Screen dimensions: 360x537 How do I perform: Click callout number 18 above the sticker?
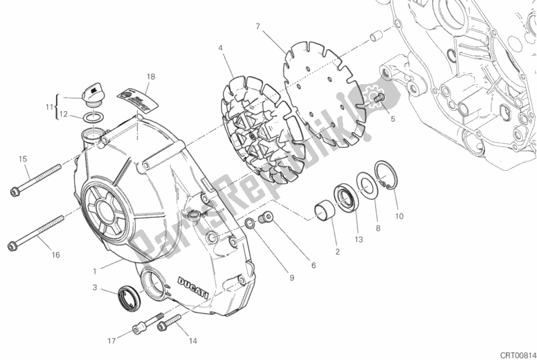point(151,77)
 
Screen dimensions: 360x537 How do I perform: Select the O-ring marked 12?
point(95,118)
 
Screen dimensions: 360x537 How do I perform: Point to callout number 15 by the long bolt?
point(22,159)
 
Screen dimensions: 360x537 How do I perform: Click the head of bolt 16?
point(15,245)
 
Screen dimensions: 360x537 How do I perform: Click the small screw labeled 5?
point(378,99)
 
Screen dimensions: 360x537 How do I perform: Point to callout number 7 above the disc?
point(258,27)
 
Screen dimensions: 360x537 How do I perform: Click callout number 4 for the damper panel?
point(220,48)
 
